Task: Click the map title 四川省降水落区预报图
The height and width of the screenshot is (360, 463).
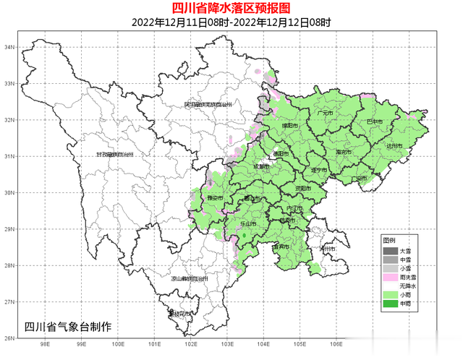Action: coord(231,8)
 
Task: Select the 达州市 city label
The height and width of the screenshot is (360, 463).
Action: coord(394,145)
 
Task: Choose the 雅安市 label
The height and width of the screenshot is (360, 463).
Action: coord(215,196)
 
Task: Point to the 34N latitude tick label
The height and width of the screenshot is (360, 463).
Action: coord(9,47)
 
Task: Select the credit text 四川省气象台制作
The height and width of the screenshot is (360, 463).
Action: coord(68,327)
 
